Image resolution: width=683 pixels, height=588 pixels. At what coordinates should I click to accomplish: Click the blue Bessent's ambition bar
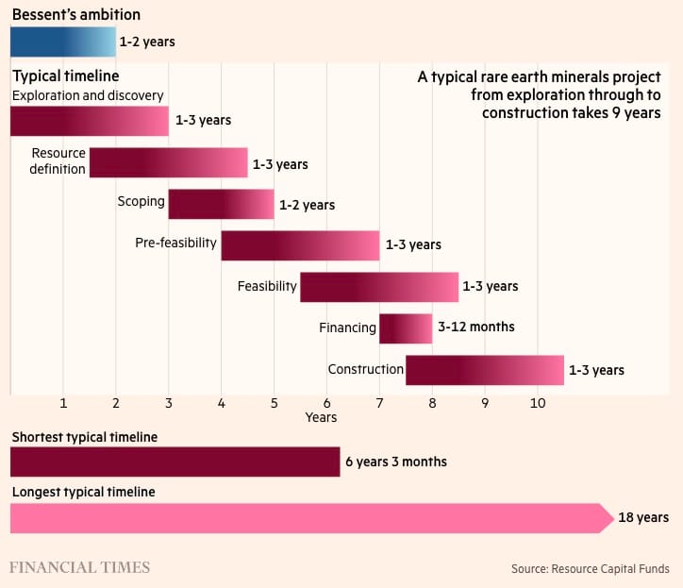tap(62, 42)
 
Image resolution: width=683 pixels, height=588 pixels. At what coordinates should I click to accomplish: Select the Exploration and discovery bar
tap(89, 121)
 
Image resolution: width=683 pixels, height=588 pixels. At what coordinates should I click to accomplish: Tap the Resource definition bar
tap(168, 162)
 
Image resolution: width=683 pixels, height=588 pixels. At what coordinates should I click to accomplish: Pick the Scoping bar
tap(221, 204)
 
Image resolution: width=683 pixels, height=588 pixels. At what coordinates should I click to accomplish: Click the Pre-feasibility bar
tap(300, 245)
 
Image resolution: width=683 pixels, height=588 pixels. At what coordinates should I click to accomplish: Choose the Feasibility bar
tap(379, 287)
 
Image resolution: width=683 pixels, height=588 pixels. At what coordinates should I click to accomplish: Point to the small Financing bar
tap(406, 328)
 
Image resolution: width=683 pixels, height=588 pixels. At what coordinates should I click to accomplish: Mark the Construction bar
tap(485, 370)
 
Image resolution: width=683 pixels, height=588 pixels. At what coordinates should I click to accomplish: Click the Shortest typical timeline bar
tap(175, 462)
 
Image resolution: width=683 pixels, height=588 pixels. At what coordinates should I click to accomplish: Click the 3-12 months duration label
tap(476, 328)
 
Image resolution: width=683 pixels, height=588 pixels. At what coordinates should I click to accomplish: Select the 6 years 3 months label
tap(395, 462)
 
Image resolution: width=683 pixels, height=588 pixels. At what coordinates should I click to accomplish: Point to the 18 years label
tap(644, 517)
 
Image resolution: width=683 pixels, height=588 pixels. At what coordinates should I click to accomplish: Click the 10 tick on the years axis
tap(538, 403)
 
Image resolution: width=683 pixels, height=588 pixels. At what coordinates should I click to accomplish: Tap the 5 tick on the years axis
tap(274, 403)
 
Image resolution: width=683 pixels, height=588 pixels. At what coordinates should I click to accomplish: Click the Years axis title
tap(321, 416)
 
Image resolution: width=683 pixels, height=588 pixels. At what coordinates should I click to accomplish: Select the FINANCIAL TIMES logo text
tap(80, 567)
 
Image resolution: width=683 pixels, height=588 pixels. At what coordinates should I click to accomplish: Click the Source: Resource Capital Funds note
tap(591, 568)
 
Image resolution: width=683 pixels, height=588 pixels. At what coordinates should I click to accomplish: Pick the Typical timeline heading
tap(65, 75)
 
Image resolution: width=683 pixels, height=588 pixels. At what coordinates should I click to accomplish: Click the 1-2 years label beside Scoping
tap(307, 205)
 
